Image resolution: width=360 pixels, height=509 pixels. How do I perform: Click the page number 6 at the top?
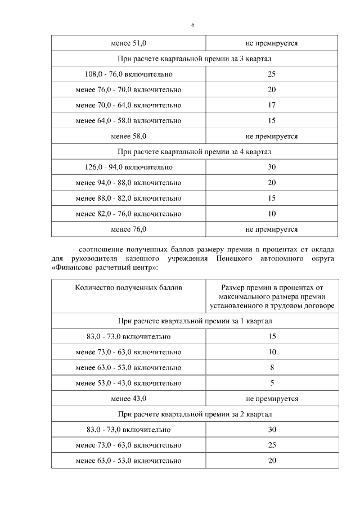192,26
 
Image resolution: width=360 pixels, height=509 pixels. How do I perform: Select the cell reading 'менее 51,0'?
129,43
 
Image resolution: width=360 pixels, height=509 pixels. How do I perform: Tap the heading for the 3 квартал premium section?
195,58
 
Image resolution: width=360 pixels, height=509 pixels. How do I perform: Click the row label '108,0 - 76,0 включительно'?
129,74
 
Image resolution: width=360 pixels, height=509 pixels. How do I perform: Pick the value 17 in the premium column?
272,105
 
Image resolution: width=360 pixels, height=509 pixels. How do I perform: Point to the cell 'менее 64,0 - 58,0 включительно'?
129,121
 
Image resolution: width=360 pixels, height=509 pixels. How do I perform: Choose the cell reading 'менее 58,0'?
129,136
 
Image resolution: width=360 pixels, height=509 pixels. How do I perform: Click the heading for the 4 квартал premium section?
195,152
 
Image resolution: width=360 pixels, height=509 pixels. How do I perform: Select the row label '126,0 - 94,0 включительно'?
129,167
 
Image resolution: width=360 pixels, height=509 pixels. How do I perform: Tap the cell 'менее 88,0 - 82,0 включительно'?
129,198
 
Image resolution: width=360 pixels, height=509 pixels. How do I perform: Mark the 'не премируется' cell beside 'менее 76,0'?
272,229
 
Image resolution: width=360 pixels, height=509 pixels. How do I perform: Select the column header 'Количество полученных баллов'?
129,287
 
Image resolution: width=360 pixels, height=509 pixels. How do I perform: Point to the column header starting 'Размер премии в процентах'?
272,296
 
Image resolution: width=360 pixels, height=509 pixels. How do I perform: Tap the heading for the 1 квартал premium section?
195,321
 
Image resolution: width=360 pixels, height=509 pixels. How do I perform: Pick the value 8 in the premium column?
272,368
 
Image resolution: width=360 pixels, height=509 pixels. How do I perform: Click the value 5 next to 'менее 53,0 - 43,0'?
272,383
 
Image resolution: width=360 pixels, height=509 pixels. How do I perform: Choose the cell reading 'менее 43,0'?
129,399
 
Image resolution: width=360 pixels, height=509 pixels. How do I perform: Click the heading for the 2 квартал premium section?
195,415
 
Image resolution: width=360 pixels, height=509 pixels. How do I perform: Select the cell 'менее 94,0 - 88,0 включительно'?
129,183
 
